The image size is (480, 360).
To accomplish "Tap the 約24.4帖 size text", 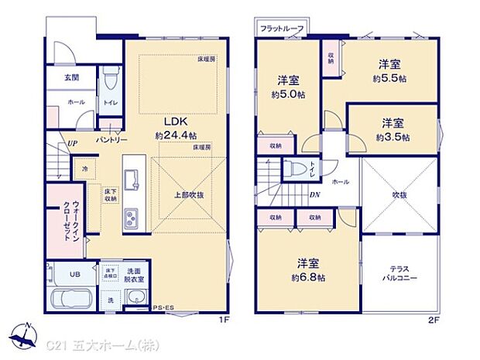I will [x=174, y=135].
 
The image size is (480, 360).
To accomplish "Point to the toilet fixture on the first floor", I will [x=110, y=79].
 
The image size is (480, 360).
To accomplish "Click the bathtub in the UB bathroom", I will [x=69, y=300].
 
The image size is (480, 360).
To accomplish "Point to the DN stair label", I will [x=315, y=195].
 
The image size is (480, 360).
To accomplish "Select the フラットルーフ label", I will [x=281, y=29].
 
